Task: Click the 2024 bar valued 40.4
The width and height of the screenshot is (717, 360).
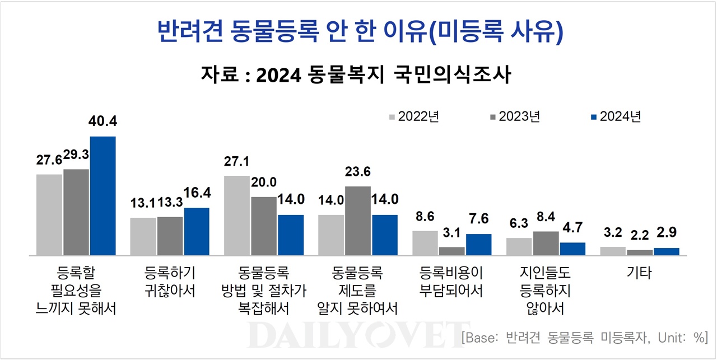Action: point(103,196)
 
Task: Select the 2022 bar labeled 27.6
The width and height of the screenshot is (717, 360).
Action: point(49,215)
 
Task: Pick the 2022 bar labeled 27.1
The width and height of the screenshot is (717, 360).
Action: point(237,216)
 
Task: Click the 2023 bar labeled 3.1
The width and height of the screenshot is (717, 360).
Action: point(451,251)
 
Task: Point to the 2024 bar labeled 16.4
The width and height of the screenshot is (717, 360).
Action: point(197,232)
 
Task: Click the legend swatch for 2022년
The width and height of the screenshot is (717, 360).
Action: point(392,116)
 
